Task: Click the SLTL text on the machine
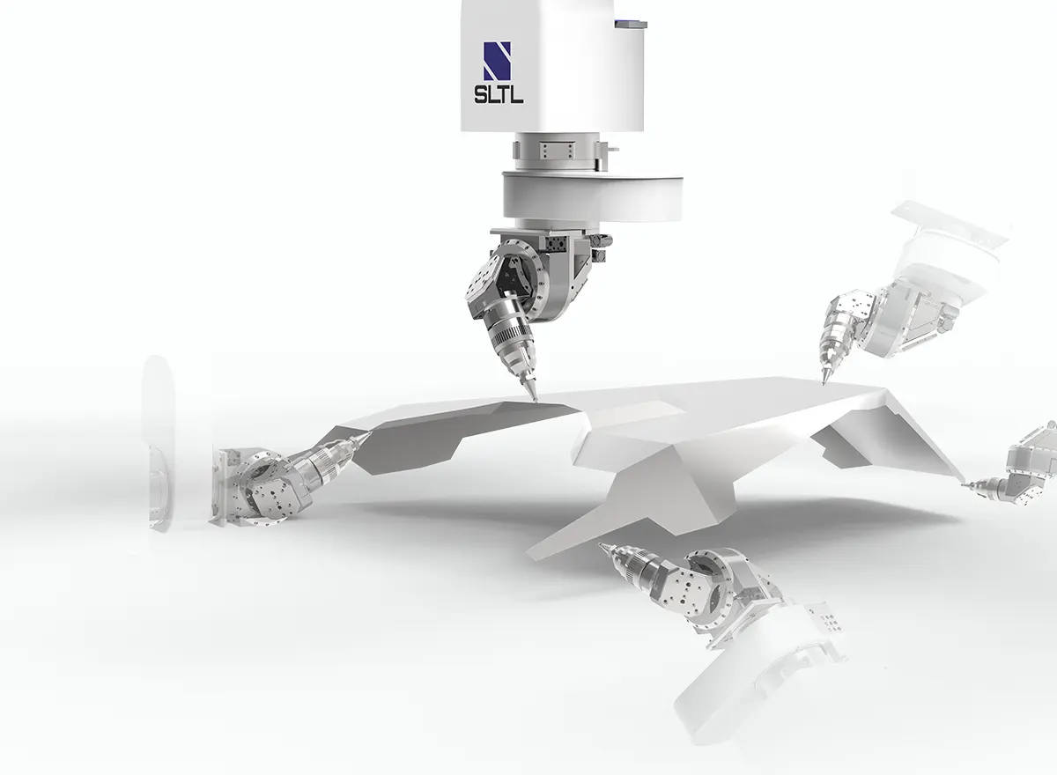pos(499,94)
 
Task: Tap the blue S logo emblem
pos(498,62)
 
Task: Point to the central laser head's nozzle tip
pos(536,401)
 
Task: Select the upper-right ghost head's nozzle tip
pos(824,382)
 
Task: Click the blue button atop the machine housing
pos(631,23)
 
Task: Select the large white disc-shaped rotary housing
pos(592,196)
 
